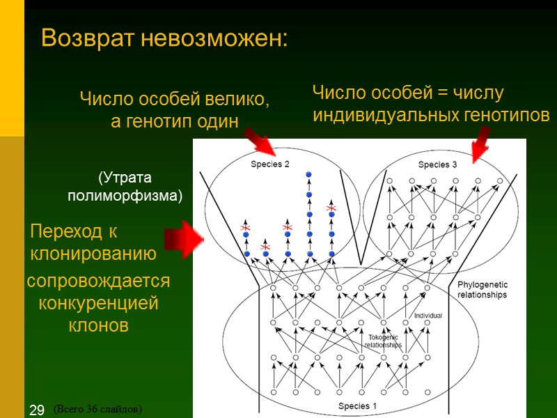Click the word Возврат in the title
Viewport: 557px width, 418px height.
pos(89,38)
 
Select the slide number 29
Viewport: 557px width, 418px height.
pos(36,410)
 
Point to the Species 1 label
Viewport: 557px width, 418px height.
pos(358,406)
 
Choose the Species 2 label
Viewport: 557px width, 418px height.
pos(270,164)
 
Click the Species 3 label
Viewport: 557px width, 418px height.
pos(437,164)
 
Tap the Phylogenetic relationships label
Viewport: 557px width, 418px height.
pos(483,290)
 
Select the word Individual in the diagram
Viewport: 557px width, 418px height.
pos(428,316)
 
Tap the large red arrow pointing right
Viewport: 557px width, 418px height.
pos(183,239)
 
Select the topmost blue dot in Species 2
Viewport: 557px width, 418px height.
pos(308,173)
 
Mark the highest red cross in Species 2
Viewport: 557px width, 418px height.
pos(331,208)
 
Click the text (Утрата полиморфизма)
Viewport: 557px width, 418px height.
pos(124,187)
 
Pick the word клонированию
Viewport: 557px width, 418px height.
pos(93,253)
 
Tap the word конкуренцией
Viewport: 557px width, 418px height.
pos(98,304)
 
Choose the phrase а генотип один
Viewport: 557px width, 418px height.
pos(175,121)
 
